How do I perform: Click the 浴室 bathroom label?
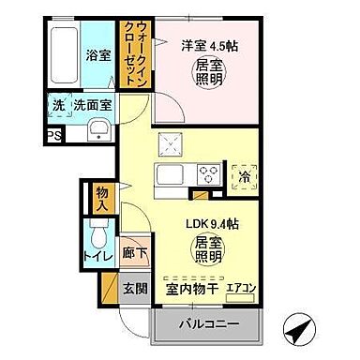[97, 53]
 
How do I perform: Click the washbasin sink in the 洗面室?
[98, 128]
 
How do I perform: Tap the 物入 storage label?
[103, 198]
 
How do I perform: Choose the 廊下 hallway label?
[132, 254]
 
